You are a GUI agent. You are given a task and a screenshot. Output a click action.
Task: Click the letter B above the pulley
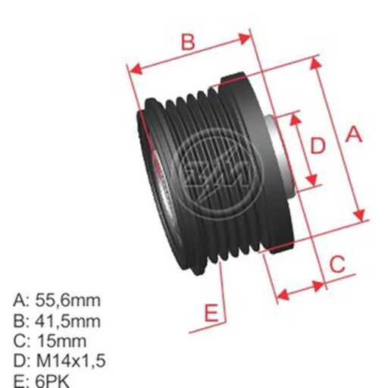[189, 42]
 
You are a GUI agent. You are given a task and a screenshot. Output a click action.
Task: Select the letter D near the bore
[318, 145]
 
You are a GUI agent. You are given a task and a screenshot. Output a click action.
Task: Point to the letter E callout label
[213, 311]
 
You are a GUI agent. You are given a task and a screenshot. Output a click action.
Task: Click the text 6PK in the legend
[55, 381]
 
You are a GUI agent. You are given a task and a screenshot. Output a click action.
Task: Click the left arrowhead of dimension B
[133, 70]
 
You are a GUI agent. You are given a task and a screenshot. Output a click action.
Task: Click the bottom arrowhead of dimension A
[364, 217]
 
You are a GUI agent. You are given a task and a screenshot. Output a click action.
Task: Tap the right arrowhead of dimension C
[321, 285]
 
